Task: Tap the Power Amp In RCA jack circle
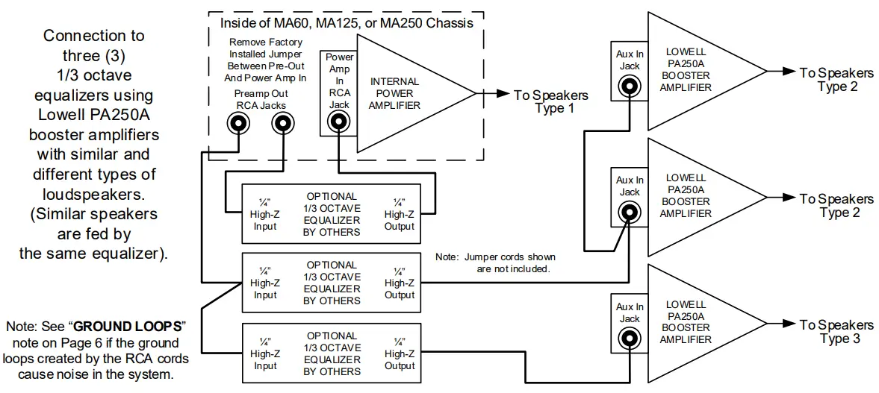pos(339,123)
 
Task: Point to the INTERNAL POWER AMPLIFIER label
pos(394,93)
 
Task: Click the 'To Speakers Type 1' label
pos(550,101)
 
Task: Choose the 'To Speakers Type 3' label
pos(836,332)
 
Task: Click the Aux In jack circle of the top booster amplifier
pos(630,87)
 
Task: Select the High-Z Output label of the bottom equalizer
pos(400,353)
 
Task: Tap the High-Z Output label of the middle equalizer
pos(400,283)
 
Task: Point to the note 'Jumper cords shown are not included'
pos(496,262)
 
